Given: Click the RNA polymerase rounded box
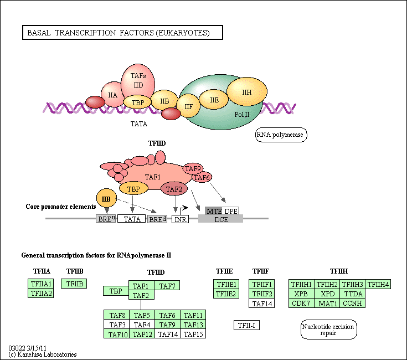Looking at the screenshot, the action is [x=281, y=135].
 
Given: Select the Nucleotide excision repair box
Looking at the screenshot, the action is [x=328, y=330].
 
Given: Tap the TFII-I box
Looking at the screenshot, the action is [x=246, y=325].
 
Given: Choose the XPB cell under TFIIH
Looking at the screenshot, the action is [x=301, y=294].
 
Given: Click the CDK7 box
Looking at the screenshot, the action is [x=301, y=303].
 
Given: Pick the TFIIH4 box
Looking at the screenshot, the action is [x=378, y=284].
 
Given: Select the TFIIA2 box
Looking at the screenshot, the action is [x=41, y=293].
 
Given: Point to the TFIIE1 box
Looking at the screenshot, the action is [x=226, y=284].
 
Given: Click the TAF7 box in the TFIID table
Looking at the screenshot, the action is [x=167, y=285].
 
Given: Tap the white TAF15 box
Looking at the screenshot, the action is [x=193, y=333].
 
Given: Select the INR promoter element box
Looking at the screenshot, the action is [x=180, y=219].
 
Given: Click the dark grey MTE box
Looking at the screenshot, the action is [x=213, y=211].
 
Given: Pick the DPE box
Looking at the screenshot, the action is [x=230, y=211].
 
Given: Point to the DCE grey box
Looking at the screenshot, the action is [x=220, y=219].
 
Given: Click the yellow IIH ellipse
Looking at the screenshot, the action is [x=247, y=91].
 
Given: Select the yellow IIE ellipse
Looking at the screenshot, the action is [x=214, y=100].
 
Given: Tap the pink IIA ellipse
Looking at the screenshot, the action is [x=112, y=95].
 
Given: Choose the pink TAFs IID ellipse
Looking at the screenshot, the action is [x=138, y=81].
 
